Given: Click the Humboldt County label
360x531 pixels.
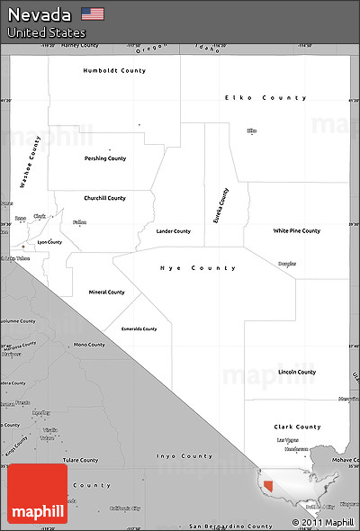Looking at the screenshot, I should point(113,70).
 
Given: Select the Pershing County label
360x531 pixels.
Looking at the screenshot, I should point(105,158).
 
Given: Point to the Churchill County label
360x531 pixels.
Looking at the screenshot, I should point(104,198).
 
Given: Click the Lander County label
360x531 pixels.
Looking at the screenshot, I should point(173,231).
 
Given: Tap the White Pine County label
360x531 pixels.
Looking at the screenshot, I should point(297,231).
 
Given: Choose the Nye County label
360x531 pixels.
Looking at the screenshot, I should point(198,268).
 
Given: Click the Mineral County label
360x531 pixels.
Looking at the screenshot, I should point(106,292).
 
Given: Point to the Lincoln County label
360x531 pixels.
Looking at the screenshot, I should point(297,372).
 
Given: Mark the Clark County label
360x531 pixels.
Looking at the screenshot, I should point(297,427).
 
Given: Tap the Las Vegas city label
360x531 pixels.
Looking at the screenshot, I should point(287,441).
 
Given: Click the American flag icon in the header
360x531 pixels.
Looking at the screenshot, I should point(92,13).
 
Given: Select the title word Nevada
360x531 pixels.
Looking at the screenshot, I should point(40,13).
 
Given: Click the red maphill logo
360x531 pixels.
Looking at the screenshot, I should point(37,494).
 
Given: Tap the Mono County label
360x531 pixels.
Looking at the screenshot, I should point(89,345).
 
